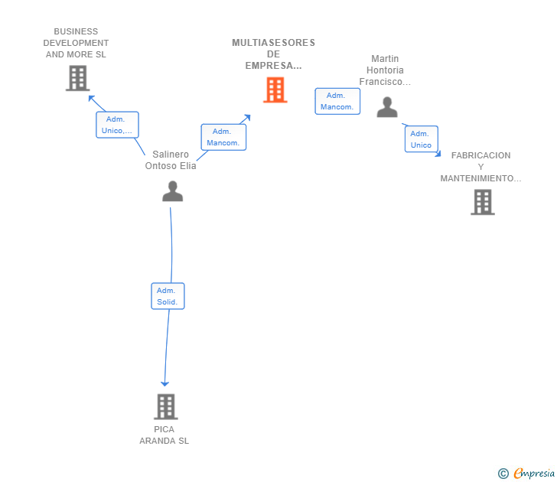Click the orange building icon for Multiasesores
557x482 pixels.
[275, 90]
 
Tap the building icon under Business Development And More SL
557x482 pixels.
[78, 78]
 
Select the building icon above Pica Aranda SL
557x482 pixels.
[166, 407]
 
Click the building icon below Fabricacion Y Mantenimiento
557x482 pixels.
[483, 202]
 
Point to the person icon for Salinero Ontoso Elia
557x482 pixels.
[173, 191]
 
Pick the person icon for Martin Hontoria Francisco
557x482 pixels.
[387, 107]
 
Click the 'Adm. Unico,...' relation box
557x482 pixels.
[117, 125]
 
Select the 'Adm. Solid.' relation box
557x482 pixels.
[168, 296]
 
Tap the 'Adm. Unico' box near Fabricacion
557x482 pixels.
[422, 139]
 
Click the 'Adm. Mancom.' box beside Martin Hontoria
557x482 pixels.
[337, 101]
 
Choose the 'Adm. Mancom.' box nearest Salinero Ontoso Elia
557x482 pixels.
[223, 137]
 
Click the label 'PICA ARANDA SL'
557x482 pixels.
[164, 435]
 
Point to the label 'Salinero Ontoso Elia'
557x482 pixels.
[171, 160]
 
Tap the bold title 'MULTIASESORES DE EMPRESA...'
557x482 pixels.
[274, 54]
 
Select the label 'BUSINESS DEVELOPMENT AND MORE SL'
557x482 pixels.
[76, 43]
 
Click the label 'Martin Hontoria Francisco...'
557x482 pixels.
[385, 70]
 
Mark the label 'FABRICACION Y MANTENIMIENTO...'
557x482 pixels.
[481, 167]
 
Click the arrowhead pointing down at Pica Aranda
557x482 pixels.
[164, 383]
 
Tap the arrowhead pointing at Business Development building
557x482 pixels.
[91, 98]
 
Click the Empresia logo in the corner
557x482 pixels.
[526, 474]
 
